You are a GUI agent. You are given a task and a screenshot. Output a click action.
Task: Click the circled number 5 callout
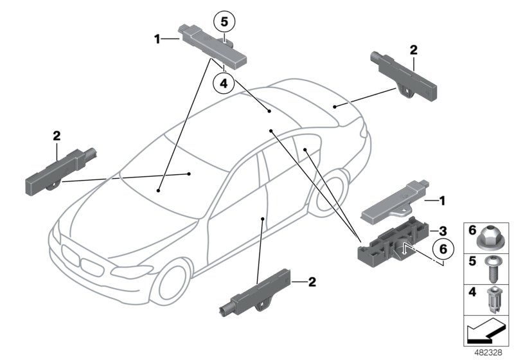point(224,22)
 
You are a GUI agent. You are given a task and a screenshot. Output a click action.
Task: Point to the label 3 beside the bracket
point(442,230)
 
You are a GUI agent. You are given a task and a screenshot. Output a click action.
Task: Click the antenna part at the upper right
point(406,75)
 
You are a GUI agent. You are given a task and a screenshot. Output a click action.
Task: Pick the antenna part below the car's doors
point(256,296)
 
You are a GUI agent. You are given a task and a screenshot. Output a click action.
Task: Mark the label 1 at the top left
point(157,40)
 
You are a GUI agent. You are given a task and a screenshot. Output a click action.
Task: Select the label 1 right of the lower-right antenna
point(442,201)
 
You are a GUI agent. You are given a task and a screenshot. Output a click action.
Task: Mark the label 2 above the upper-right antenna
point(413,49)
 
